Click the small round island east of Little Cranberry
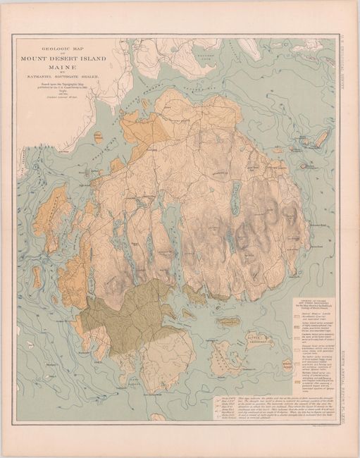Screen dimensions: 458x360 point(287,364)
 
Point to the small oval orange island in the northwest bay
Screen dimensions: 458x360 point(99,137)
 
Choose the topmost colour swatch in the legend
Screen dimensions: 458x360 point(297,317)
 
